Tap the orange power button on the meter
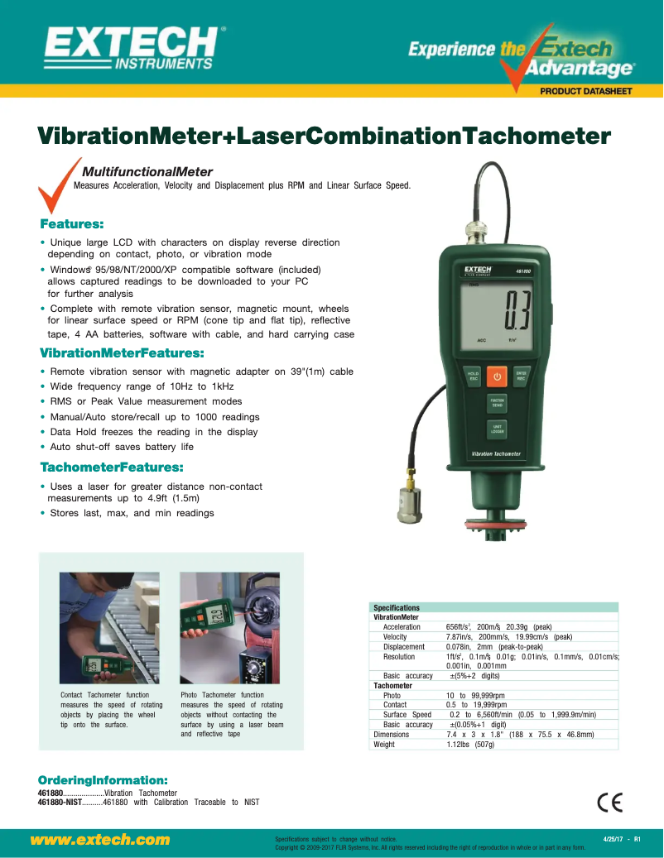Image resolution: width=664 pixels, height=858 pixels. (x=497, y=377)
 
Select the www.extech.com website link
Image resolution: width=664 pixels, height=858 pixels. (x=100, y=840)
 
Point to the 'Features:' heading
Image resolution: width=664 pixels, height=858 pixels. (x=72, y=224)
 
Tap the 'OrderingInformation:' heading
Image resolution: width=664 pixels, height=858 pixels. (x=103, y=780)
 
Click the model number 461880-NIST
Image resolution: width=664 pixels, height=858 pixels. (x=60, y=802)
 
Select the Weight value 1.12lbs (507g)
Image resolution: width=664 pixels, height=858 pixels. (x=470, y=745)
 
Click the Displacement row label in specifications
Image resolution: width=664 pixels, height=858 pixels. (x=403, y=647)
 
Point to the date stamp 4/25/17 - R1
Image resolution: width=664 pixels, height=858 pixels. (x=623, y=840)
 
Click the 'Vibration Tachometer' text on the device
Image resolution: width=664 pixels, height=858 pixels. (x=496, y=453)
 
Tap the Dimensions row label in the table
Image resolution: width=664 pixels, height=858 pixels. (x=392, y=735)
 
